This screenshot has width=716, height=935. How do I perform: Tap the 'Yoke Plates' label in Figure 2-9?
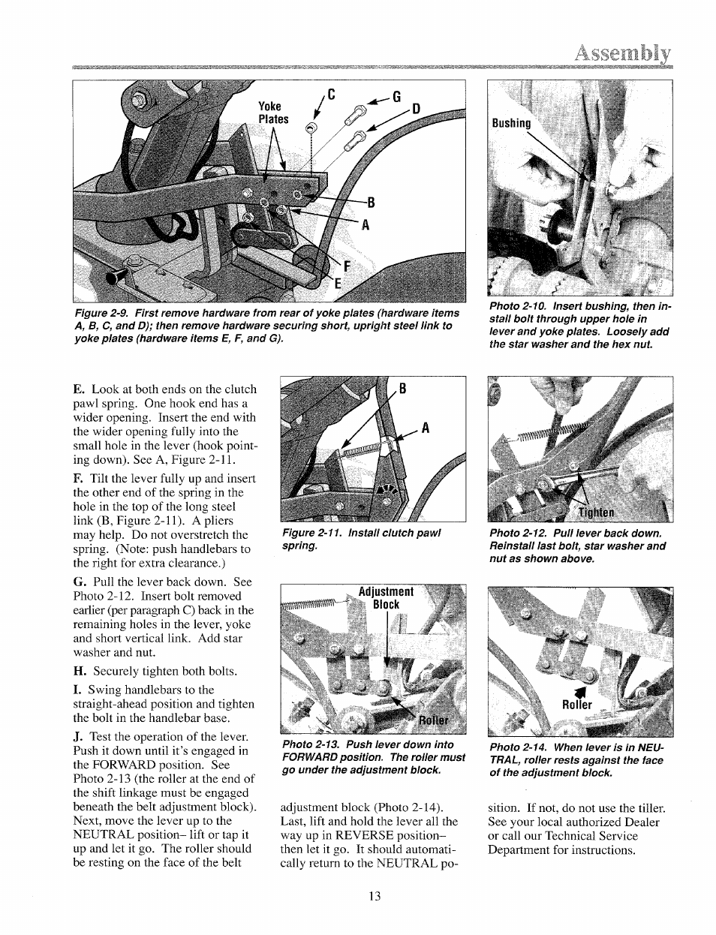[273, 113]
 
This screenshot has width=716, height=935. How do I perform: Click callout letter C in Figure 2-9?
[329, 95]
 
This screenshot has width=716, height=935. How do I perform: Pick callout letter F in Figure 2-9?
[347, 266]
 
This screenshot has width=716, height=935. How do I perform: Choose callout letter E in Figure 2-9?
[338, 282]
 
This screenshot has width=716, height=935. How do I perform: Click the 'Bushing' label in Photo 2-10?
[511, 123]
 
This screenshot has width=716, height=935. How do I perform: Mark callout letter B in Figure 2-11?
[402, 389]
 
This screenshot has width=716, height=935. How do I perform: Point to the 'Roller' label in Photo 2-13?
[433, 720]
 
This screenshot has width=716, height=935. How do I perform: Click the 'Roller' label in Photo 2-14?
[577, 705]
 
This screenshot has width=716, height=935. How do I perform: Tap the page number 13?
[375, 895]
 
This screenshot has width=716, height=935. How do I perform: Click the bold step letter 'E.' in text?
[78, 389]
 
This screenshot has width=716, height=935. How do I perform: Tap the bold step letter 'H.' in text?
[79, 671]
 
